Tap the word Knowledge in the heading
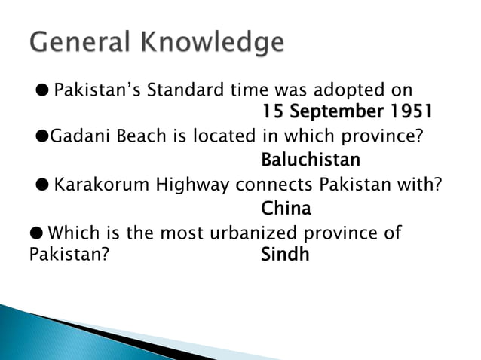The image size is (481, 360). (x=214, y=43)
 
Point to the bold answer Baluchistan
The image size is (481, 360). (x=310, y=160)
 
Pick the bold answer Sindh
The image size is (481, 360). (x=285, y=254)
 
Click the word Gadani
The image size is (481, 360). (x=76, y=137)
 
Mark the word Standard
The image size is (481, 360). (x=183, y=90)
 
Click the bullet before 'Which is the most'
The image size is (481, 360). (x=36, y=231)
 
